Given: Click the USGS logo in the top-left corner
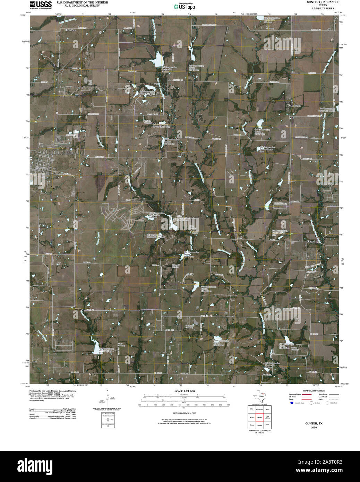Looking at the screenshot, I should (x=41, y=5).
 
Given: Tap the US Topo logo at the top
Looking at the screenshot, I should (x=184, y=6).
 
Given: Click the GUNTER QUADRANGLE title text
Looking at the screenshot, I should (x=318, y=2).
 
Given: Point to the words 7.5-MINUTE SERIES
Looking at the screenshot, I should (x=318, y=8).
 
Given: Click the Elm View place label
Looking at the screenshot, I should (x=71, y=30).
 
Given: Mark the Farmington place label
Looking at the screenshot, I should (x=294, y=105).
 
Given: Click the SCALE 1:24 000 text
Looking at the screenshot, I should (x=185, y=391).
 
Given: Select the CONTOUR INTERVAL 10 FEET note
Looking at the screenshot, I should (x=185, y=413).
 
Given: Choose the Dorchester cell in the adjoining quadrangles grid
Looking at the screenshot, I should (x=259, y=410).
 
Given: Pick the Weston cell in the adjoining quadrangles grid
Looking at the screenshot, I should (x=259, y=425).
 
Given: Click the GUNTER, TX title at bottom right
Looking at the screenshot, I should (x=314, y=423).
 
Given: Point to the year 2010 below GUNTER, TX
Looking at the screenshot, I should (x=314, y=427).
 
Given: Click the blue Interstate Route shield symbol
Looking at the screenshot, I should (x=292, y=403).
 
